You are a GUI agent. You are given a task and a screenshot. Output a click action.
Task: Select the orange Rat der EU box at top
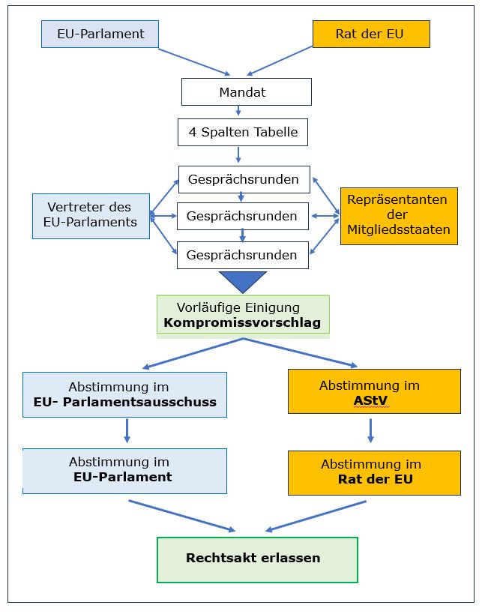tap(371, 34)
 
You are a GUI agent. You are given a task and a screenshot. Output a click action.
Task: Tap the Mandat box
tap(246, 93)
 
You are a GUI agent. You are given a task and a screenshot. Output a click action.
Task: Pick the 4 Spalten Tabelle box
tap(243, 133)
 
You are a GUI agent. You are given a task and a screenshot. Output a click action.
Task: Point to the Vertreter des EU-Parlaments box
tap(91, 215)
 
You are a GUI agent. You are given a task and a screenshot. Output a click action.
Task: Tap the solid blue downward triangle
tap(243, 281)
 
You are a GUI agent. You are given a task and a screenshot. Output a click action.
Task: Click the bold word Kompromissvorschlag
tap(242, 323)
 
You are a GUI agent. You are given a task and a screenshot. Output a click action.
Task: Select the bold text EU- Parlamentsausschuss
tap(125, 402)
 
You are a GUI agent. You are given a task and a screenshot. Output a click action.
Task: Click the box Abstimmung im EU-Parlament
tap(124, 471)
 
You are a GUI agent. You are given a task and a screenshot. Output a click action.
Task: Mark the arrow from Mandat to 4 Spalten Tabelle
tap(239, 111)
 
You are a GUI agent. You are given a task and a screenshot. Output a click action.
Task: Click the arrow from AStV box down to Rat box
tap(370, 430)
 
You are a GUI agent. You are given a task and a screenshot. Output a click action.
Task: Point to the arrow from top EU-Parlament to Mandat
tap(194, 61)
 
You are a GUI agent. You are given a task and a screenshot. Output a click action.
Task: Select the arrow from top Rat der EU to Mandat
tap(280, 61)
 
